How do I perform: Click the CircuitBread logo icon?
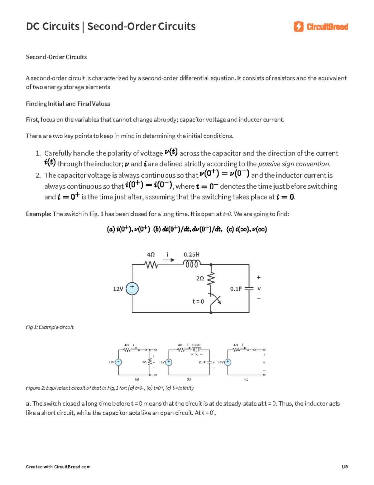[x=298, y=27]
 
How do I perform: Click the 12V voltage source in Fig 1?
[x=132, y=289]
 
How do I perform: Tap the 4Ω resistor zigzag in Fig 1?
[x=151, y=265]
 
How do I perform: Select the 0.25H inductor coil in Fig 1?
[x=192, y=265]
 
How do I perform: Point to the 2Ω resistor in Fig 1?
[x=211, y=279]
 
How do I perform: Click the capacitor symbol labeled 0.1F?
[x=249, y=289]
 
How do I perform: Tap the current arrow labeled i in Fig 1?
[x=169, y=260]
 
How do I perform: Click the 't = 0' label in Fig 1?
[x=198, y=301]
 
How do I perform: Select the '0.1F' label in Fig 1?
[x=236, y=289]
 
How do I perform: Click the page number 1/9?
[x=344, y=467]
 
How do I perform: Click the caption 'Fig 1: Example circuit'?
[x=50, y=327]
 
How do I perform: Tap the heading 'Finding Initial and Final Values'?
[x=68, y=104]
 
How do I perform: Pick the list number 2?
[x=38, y=175]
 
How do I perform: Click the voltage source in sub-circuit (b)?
[x=169, y=362]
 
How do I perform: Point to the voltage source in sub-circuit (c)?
[x=228, y=362]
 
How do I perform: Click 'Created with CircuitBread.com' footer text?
[x=58, y=467]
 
